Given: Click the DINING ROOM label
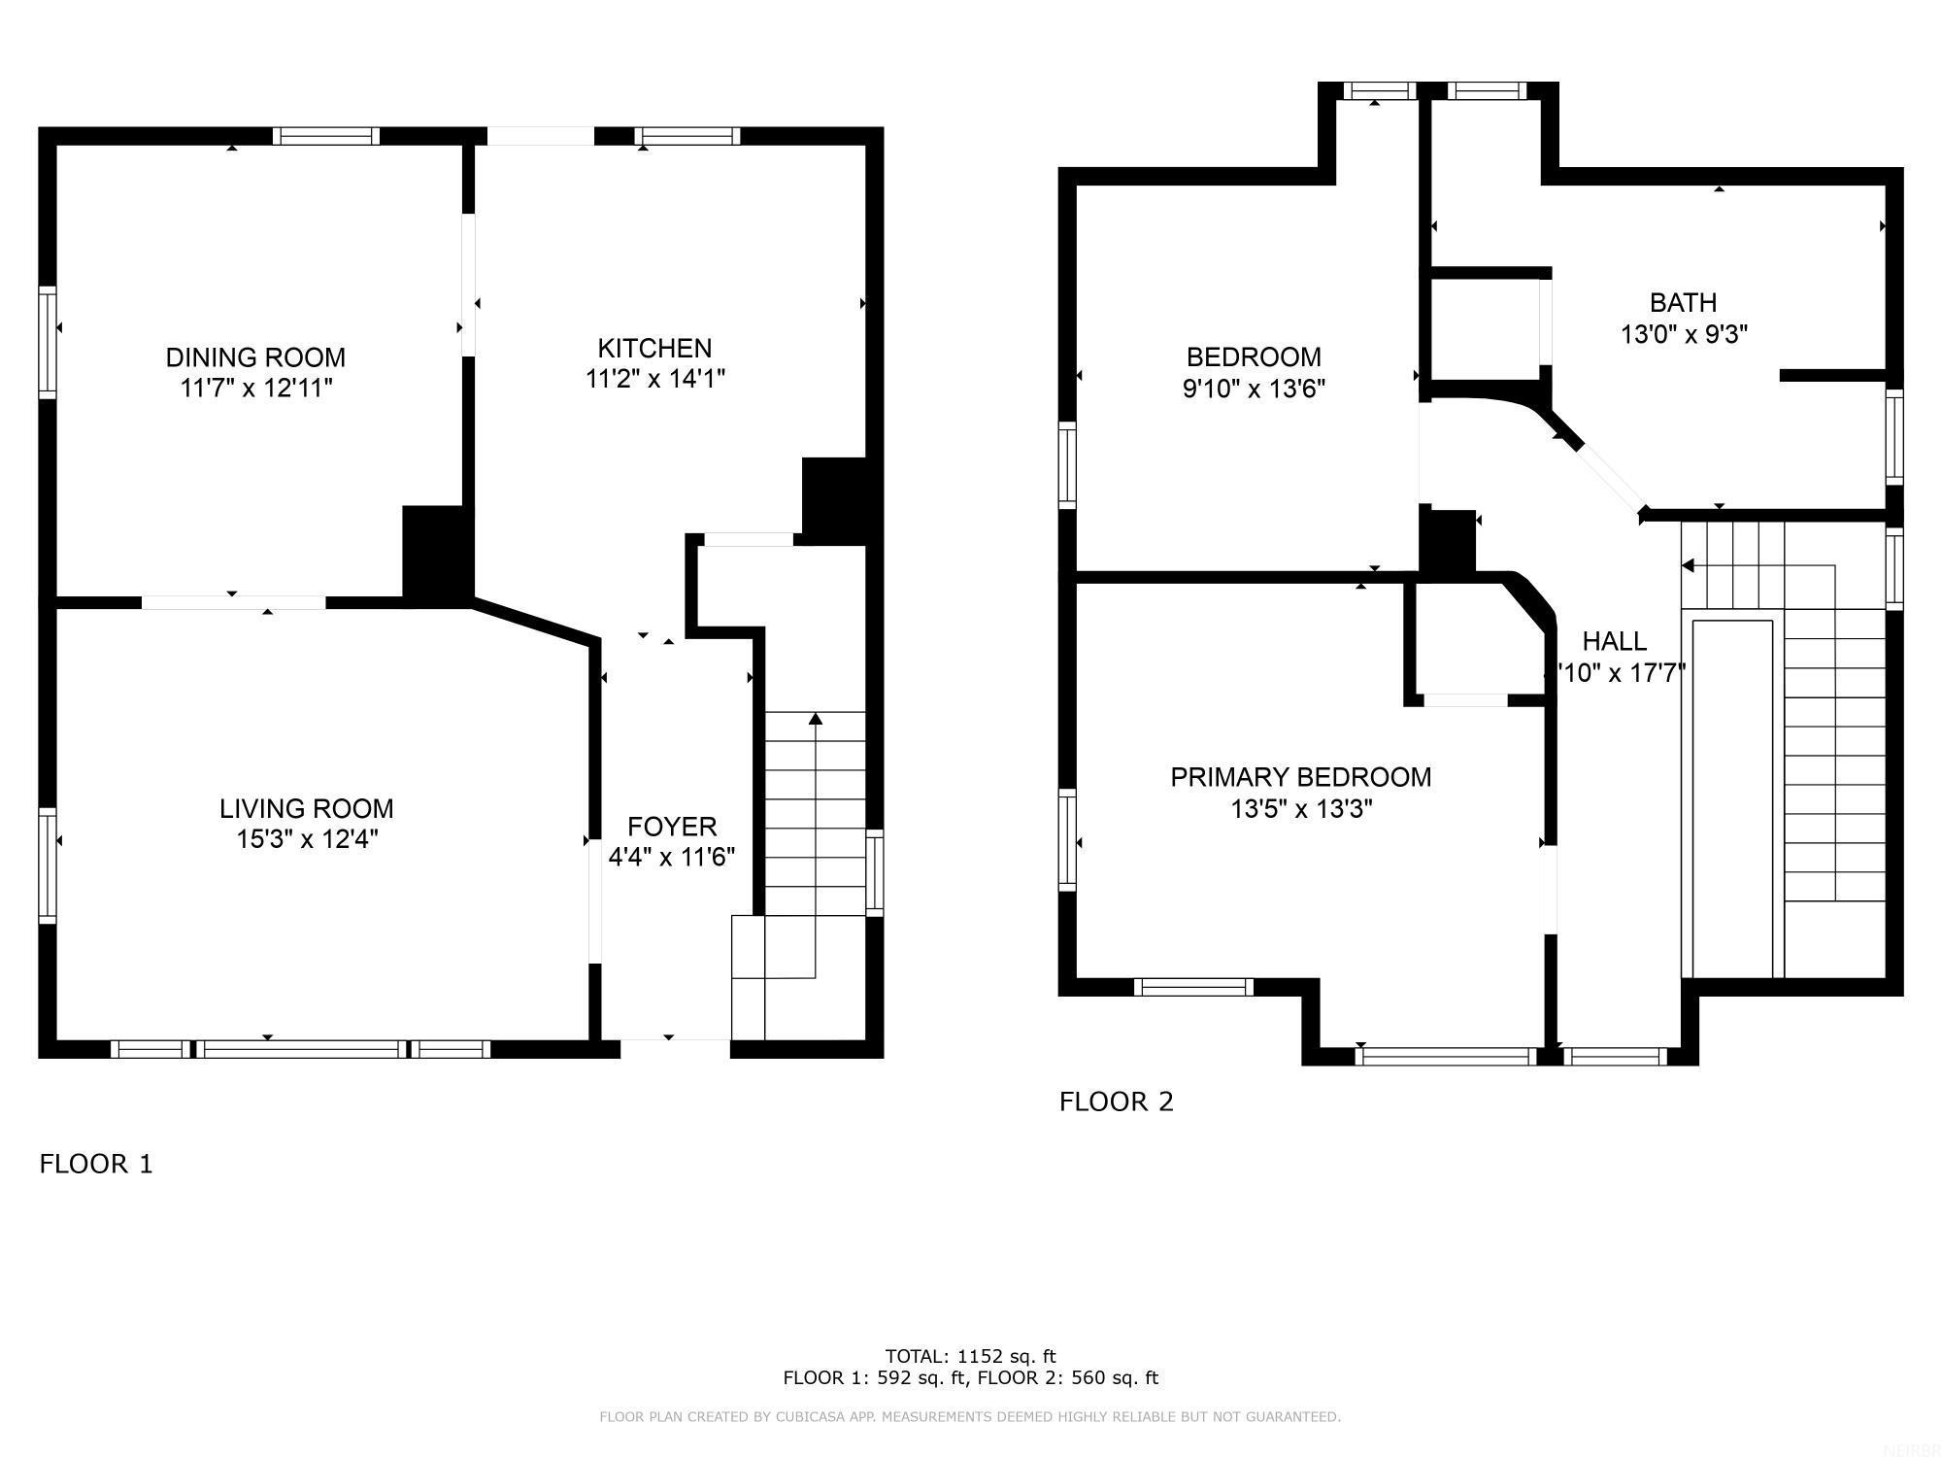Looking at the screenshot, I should pyautogui.click(x=255, y=357).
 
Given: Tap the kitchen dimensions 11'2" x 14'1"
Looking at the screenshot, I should pyautogui.click(x=655, y=378).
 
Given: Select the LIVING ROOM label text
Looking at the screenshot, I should pyautogui.click(x=306, y=808).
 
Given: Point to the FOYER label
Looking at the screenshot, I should pyautogui.click(x=672, y=827).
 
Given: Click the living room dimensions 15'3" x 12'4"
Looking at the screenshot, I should pyautogui.click(x=307, y=839).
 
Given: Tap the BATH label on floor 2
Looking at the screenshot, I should pyautogui.click(x=1684, y=302).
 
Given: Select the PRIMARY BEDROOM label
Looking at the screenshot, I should pyautogui.click(x=1300, y=777).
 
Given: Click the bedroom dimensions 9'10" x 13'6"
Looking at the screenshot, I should pyautogui.click(x=1254, y=389).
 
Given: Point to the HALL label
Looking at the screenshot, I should pyautogui.click(x=1615, y=641).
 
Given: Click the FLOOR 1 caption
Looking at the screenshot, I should pyautogui.click(x=96, y=1164).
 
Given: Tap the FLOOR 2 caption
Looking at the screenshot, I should pyautogui.click(x=1117, y=1101).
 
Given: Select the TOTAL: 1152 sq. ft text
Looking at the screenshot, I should pyautogui.click(x=970, y=1356).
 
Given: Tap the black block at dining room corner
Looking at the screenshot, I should pyautogui.click(x=436, y=554).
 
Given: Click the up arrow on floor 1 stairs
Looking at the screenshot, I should pyautogui.click(x=816, y=720).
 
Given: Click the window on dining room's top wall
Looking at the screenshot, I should pyautogui.click(x=325, y=136).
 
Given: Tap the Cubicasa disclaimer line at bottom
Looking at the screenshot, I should pyautogui.click(x=970, y=1417).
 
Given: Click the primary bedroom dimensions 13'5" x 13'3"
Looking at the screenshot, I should pyautogui.click(x=1301, y=808).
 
